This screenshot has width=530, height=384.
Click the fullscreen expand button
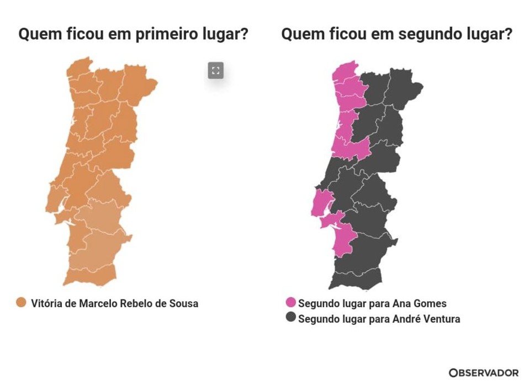[216, 70]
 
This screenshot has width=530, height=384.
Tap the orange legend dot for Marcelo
[22, 303]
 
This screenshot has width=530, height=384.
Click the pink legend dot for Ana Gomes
[291, 303]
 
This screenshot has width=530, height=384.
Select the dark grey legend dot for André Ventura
[291, 319]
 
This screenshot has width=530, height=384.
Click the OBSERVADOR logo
[484, 373]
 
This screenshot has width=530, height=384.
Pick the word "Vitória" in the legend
[47, 303]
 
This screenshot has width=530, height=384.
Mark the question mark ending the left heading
[243, 34]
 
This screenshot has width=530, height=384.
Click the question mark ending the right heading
[507, 34]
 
